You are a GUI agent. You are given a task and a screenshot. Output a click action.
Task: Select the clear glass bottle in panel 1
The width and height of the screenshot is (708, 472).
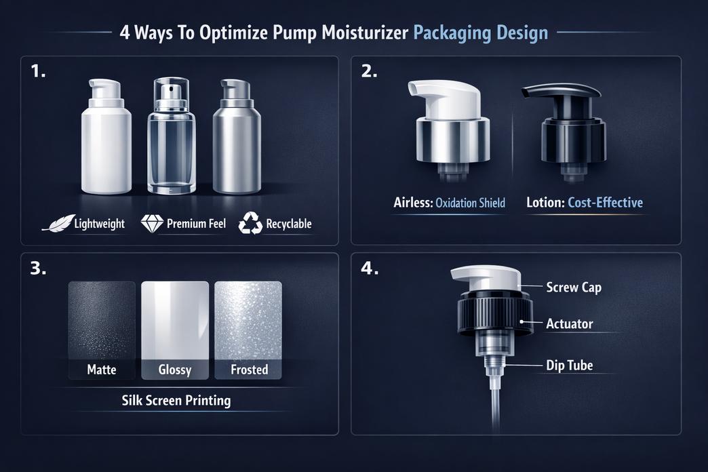pos(171,142)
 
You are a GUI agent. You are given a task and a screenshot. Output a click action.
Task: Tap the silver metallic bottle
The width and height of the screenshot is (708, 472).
pos(237,142)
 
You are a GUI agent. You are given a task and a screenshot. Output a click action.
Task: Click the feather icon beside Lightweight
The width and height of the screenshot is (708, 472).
pos(56,224)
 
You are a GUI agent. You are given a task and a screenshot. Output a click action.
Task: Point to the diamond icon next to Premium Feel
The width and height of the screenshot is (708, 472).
pos(151,224)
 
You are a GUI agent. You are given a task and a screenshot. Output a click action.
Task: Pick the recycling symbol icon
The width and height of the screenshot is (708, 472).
pos(250,224)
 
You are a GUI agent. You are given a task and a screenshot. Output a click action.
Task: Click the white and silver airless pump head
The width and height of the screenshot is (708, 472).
pos(448,125)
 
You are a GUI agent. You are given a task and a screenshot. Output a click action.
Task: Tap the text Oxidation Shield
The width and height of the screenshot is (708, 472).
pos(470,203)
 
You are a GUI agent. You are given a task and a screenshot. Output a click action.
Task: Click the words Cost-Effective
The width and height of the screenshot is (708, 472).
pos(606,203)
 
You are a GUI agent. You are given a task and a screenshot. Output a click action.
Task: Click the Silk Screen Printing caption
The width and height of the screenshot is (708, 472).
pos(176,400)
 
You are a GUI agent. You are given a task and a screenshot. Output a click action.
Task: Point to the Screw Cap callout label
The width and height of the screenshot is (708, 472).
pos(574,288)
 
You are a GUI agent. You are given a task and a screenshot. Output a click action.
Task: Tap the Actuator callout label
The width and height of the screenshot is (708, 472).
pos(570,324)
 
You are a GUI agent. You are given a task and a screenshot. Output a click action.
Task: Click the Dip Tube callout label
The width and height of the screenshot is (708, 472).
pos(570,366)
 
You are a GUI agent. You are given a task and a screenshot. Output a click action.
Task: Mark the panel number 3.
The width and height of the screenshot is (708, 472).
pos(39,269)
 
